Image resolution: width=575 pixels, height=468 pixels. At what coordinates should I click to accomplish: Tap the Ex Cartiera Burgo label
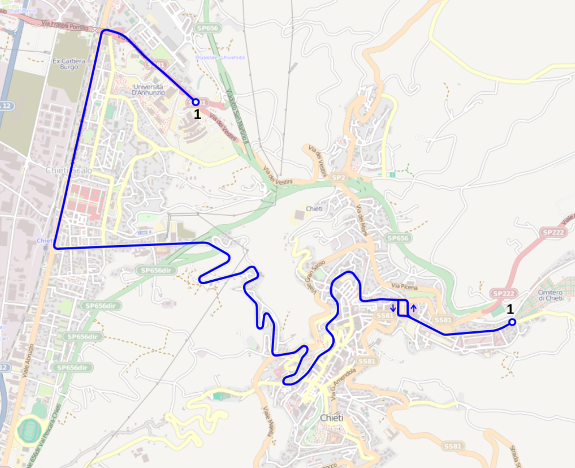tap(65, 64)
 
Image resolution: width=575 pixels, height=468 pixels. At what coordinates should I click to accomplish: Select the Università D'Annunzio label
tap(148, 89)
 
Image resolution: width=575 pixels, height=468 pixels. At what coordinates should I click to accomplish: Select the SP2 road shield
tap(338, 179)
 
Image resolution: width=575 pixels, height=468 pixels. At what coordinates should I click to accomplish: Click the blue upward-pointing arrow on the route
tap(413, 308)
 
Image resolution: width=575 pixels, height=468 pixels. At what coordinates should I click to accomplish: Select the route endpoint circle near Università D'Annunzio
tap(195, 102)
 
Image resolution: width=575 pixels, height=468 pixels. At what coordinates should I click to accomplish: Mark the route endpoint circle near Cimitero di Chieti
tap(512, 322)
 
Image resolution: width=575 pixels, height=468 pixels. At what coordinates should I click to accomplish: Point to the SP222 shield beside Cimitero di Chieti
tap(501, 293)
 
